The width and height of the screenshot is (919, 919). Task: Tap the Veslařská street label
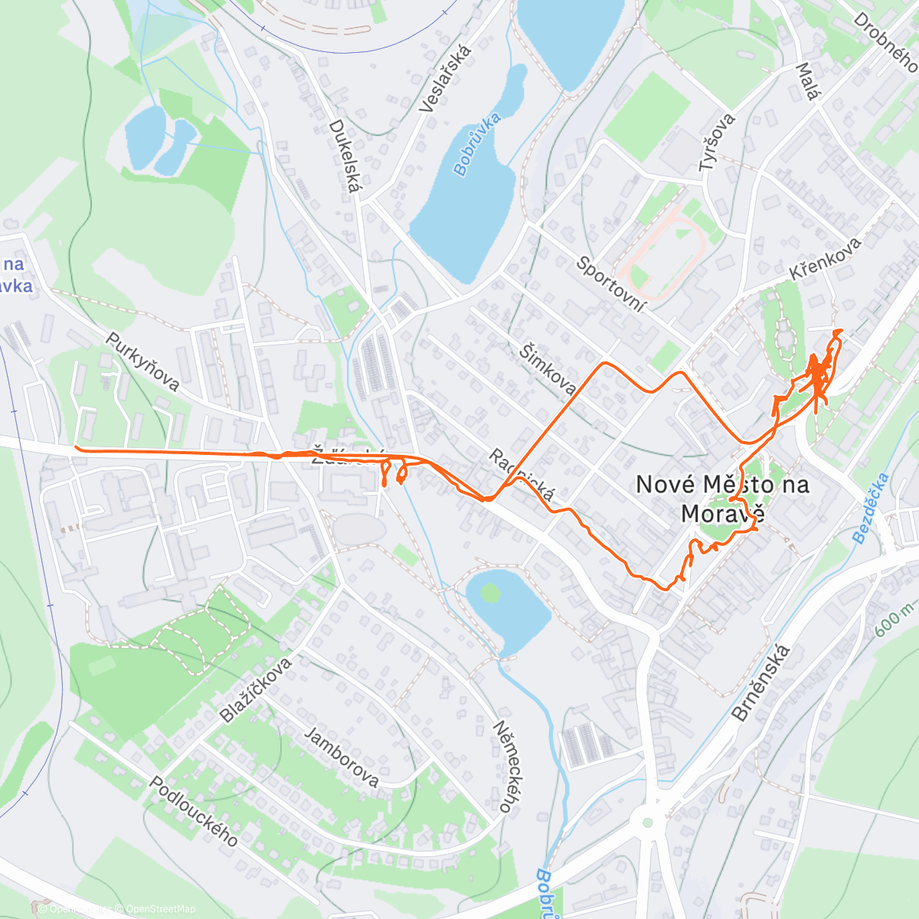[x=446, y=79]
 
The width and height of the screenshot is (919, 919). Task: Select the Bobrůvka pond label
[x=476, y=144]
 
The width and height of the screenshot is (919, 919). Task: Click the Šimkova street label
[x=548, y=369]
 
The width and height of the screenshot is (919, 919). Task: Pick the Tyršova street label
[x=717, y=142]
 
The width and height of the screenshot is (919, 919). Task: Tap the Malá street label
[x=808, y=82]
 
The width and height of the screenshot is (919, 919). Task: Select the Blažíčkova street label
[x=256, y=689]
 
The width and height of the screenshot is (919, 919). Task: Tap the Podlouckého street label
[x=193, y=811]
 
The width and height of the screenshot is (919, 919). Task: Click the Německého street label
[x=502, y=766]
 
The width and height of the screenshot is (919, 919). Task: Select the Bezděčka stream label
[x=871, y=509]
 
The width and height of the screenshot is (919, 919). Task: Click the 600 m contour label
[x=894, y=617]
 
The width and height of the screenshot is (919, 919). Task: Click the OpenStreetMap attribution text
[x=161, y=909]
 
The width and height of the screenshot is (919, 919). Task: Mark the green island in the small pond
[x=489, y=592]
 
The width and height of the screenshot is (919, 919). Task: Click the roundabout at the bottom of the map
[x=649, y=822]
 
